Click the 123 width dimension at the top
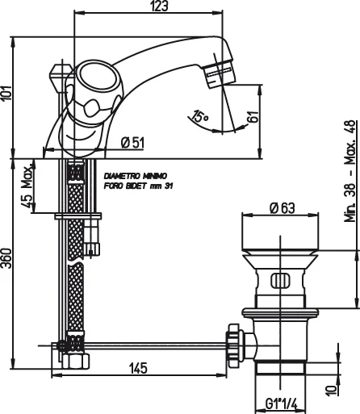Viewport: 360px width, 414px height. coord(158,7)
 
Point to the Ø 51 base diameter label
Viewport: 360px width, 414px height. coord(132,143)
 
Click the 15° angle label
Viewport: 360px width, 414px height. coord(199,118)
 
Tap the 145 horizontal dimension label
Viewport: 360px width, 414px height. coord(138,368)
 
